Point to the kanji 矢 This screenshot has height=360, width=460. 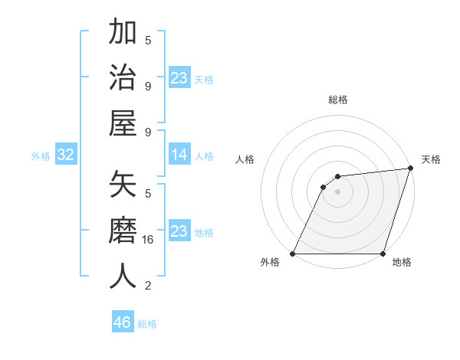click(123, 186)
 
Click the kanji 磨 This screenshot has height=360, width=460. click(123, 231)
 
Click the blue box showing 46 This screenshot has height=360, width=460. click(123, 322)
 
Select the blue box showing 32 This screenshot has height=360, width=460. click(66, 155)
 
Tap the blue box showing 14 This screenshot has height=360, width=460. click(179, 155)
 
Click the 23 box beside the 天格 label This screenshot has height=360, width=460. click(179, 78)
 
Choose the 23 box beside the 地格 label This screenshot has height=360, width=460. click(179, 231)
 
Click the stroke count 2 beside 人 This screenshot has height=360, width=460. click(148, 286)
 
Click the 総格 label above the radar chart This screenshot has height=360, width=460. click(337, 100)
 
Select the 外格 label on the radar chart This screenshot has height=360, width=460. click(270, 263)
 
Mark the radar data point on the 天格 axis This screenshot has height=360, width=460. click(411, 169)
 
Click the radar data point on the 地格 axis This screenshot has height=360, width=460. click(383, 254)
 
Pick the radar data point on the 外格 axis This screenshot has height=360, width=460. click(293, 254)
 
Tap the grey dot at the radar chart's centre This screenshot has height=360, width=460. click(337, 191)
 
